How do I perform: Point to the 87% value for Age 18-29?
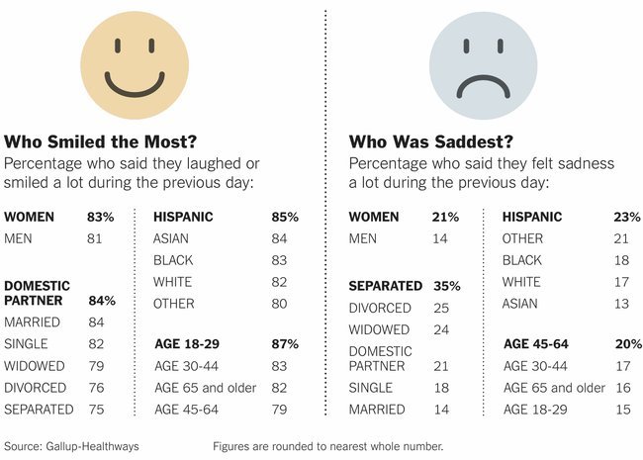pos(285,344)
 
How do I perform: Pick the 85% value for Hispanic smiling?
pos(285,217)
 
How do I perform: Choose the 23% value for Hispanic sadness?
pos(627,217)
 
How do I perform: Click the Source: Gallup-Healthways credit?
pos(72,446)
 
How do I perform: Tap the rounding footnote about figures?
pos(328,446)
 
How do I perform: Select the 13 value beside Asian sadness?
pos(621,304)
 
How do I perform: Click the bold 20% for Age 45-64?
pos(627,344)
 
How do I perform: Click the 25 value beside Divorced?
pos(439,309)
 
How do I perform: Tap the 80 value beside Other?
pos(280,304)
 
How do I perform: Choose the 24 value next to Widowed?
pos(439,330)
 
